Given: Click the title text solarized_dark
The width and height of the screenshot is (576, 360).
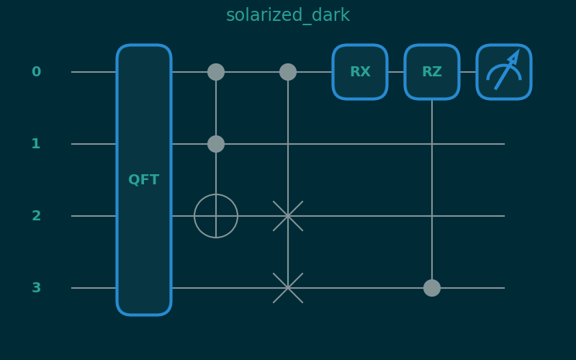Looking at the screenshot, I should [288, 15].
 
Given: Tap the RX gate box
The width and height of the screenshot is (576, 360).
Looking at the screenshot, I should [360, 72].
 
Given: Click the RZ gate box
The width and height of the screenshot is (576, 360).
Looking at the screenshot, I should [432, 72].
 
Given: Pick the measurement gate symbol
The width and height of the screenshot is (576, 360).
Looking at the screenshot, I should [504, 72].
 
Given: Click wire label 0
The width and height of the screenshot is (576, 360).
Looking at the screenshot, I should [36, 72].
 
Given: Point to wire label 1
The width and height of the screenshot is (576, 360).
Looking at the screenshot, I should [36, 144].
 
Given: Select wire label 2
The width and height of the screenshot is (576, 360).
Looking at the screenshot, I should [36, 216].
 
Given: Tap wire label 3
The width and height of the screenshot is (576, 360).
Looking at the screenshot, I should [36, 288].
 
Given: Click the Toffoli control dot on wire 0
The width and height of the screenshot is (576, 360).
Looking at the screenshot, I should [216, 72].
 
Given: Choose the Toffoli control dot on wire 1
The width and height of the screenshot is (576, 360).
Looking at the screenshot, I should [216, 144].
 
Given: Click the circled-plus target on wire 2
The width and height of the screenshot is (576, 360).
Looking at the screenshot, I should [216, 216].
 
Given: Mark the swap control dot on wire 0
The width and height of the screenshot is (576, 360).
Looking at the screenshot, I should [288, 72].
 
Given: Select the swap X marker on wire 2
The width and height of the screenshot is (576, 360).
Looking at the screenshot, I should [288, 216].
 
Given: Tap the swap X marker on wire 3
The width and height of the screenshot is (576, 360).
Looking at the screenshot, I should [288, 288].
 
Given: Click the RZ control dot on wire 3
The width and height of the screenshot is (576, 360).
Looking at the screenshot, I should [432, 288].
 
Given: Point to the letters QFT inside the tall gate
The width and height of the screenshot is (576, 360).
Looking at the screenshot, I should [144, 180].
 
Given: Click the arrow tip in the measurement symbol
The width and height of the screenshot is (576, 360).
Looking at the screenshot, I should [517, 53].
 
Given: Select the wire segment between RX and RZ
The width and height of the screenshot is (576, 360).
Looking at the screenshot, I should [396, 72].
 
